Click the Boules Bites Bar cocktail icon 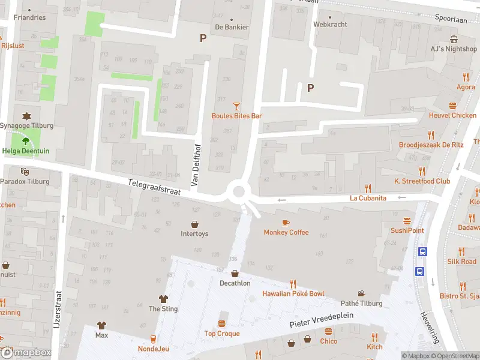[x=236, y=106]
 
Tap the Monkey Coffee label [x=286, y=232]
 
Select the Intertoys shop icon [x=194, y=224]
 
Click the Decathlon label [x=235, y=283]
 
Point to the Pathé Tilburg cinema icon [x=361, y=293]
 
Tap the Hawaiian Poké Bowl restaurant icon [x=293, y=284]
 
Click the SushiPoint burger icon [x=407, y=221]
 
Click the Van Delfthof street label [x=195, y=166]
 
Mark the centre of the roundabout [x=239, y=192]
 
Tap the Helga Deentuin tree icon [x=25, y=142]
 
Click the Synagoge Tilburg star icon [x=26, y=116]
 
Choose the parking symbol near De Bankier [x=203, y=38]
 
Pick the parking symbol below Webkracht [x=310, y=88]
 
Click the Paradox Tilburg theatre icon [x=25, y=172]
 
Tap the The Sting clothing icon [x=163, y=298]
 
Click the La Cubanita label [x=368, y=198]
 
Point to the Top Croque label [x=221, y=334]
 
